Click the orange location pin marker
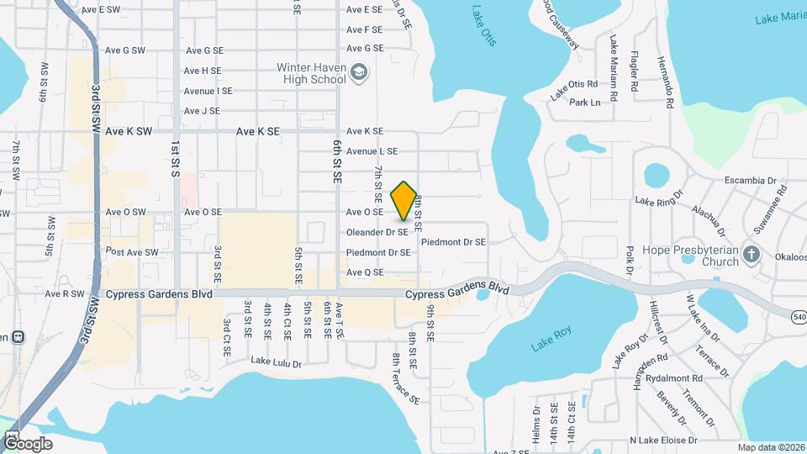(x=404, y=200)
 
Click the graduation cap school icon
(x=359, y=72)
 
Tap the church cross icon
(x=752, y=255)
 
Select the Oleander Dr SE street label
(x=377, y=232)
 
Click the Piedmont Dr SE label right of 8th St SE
(x=453, y=242)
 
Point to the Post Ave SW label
(x=132, y=252)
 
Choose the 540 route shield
(x=798, y=316)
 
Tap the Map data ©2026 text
(x=770, y=447)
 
